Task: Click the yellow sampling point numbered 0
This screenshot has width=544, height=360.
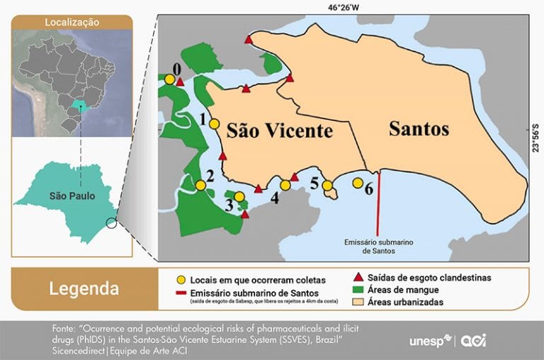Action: tap(170, 80)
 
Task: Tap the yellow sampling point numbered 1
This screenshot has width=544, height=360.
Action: tap(214, 124)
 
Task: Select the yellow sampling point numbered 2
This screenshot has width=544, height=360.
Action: tap(200, 185)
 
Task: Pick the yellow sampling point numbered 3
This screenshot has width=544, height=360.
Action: tap(239, 197)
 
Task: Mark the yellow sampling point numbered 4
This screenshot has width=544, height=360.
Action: tap(285, 185)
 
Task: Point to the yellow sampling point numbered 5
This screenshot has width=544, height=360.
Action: tap(327, 186)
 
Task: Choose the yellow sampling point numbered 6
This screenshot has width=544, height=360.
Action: tap(357, 183)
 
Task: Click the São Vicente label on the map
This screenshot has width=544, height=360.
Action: tap(279, 131)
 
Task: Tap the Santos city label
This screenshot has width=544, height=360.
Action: tap(419, 129)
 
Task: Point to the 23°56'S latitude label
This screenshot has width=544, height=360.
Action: tap(536, 137)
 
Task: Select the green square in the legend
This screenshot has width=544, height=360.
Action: tap(358, 290)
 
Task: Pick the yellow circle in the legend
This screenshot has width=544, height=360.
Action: tap(181, 279)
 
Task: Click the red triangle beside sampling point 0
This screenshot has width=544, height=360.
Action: tap(181, 83)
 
